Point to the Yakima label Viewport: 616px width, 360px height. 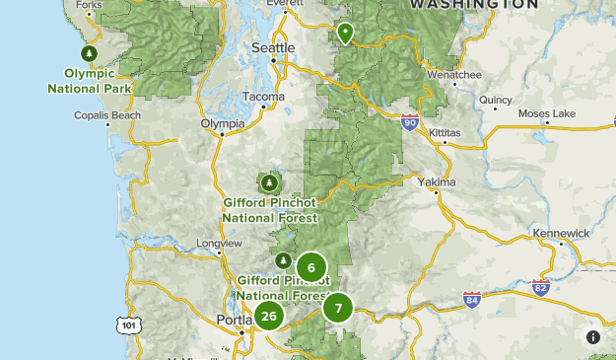(x=437, y=182)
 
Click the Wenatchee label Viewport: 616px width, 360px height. (x=454, y=74)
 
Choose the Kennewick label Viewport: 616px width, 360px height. (x=560, y=233)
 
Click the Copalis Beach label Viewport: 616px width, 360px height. (x=107, y=114)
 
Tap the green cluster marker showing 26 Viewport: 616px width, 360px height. (x=268, y=317)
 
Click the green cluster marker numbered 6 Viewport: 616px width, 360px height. (x=311, y=267)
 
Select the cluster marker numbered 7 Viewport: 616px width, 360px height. (x=338, y=308)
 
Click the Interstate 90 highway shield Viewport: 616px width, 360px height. (x=410, y=121)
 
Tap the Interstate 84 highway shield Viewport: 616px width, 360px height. (x=472, y=298)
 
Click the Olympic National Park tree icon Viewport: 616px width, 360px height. (x=90, y=53)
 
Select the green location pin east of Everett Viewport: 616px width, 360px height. (x=346, y=33)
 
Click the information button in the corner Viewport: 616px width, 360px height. (x=593, y=337)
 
